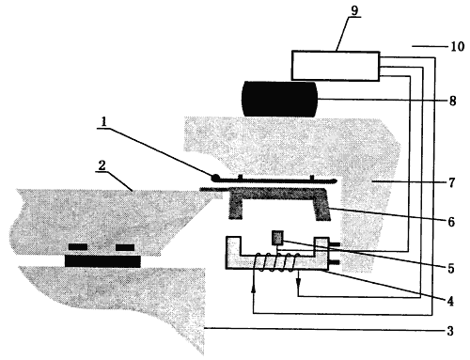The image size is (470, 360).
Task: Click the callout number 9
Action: point(354,10)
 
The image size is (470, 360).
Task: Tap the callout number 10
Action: point(457,46)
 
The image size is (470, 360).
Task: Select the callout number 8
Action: point(452,101)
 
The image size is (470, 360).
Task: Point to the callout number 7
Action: point(451,182)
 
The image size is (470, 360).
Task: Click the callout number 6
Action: point(451,222)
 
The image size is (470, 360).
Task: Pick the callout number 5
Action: point(451,268)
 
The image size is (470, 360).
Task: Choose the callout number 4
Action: point(450,301)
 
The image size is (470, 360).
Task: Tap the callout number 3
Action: point(450,331)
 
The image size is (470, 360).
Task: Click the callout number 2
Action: point(102,165)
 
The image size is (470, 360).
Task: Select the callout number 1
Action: point(103,122)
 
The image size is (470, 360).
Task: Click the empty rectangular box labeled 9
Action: point(336,66)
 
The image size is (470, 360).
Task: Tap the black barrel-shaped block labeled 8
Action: point(279,99)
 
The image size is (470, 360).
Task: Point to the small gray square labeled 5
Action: point(278,238)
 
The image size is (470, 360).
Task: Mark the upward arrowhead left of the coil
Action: point(253,290)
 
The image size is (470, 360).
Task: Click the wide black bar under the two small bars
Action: point(102,261)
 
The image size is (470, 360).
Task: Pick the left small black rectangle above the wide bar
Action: point(78,247)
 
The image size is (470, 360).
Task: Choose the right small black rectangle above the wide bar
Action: point(125,247)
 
